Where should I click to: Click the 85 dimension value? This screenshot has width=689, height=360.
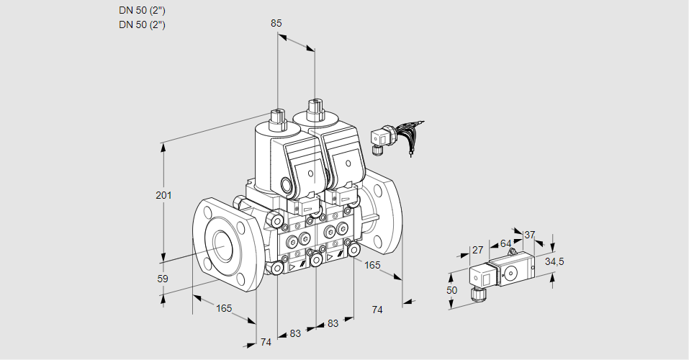click(276, 23)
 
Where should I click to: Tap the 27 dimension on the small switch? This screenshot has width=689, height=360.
click(477, 250)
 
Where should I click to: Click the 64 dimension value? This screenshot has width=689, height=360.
click(505, 243)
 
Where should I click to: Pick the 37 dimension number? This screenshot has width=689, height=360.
click(529, 235)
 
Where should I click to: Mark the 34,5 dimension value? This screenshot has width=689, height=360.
click(554, 261)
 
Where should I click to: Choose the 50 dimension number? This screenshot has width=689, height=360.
click(451, 289)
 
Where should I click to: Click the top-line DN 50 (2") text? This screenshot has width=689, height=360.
click(142, 10)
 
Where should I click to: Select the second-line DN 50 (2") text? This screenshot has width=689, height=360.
click(142, 24)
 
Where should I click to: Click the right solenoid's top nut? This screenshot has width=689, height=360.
click(315, 109)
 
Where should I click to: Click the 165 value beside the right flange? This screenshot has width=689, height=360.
click(372, 265)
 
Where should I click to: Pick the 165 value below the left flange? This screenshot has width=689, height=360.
click(225, 308)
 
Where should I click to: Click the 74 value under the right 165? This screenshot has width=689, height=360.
click(377, 310)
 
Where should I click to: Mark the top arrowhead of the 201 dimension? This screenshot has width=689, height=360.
click(163, 147)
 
